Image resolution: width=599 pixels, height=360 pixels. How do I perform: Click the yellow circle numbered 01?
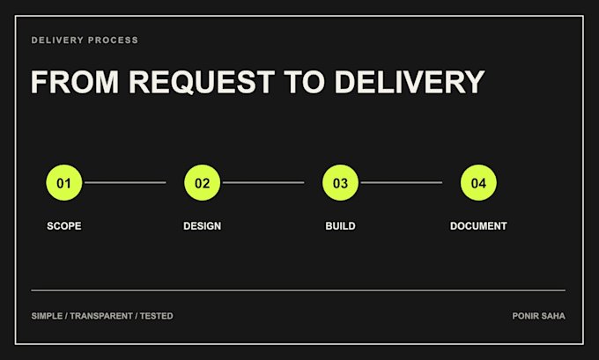pos(64,182)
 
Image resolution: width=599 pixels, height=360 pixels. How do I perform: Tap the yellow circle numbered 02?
pos(203,182)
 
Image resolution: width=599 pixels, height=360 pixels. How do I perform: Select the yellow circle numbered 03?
pos(340,182)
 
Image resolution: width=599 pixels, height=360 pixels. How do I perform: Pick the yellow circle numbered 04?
pos(478,182)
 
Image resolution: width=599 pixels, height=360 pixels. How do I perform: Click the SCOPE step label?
pos(64,226)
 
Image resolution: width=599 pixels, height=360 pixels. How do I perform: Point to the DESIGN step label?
pos(202,226)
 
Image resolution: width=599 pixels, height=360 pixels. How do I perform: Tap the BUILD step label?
pos(340,226)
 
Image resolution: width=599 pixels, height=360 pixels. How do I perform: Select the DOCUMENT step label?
pos(478,226)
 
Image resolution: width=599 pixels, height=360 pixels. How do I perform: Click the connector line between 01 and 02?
pos(125,182)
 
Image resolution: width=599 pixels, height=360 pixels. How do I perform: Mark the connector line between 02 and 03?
pos(263,182)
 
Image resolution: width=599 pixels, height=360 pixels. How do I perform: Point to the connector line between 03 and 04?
pos(402,182)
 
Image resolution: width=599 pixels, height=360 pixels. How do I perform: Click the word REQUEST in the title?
pos(202,82)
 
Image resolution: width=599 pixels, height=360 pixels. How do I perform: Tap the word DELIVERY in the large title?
pos(410,82)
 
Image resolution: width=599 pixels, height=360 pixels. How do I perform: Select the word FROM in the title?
pos(75,82)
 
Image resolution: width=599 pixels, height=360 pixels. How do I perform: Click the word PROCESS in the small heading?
pos(113,40)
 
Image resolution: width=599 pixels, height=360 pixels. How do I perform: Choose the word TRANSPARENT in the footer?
pos(101,316)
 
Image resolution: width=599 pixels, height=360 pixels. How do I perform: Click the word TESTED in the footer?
pos(156,316)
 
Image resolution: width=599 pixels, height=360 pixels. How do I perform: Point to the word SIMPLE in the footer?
pos(47,316)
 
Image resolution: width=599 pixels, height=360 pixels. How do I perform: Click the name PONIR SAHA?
pos(538,316)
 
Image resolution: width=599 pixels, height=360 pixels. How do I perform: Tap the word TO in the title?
pos(305,82)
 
